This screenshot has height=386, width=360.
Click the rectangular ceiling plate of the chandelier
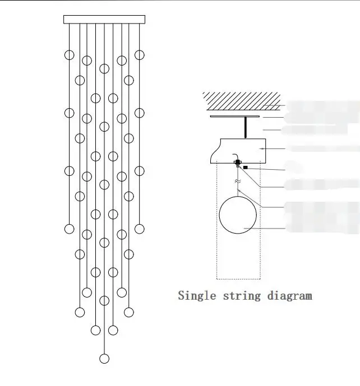[x=104, y=20]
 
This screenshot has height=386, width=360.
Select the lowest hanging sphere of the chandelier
[x=104, y=359]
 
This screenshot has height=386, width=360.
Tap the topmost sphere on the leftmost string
[x=70, y=55]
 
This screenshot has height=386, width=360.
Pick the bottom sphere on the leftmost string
[x=70, y=229]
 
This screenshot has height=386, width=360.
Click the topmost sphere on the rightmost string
[x=140, y=55]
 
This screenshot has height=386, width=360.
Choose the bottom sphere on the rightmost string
[x=140, y=229]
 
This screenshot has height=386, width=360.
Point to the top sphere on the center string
[x=104, y=68]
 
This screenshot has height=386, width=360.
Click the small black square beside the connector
[x=246, y=168]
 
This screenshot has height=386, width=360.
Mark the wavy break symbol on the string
[x=237, y=182]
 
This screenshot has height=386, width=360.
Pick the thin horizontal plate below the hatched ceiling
[x=234, y=117]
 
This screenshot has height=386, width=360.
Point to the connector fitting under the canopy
[x=237, y=164]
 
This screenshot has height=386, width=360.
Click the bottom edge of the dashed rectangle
[x=239, y=278]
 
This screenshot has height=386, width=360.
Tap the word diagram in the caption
[x=290, y=295]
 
